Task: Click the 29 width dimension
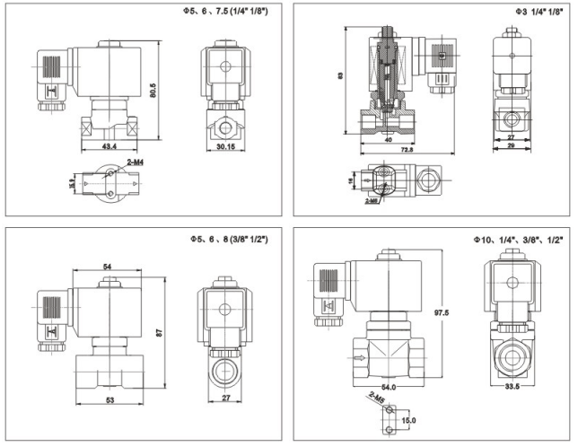(x=510, y=144)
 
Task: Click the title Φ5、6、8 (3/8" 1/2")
(x=228, y=240)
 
